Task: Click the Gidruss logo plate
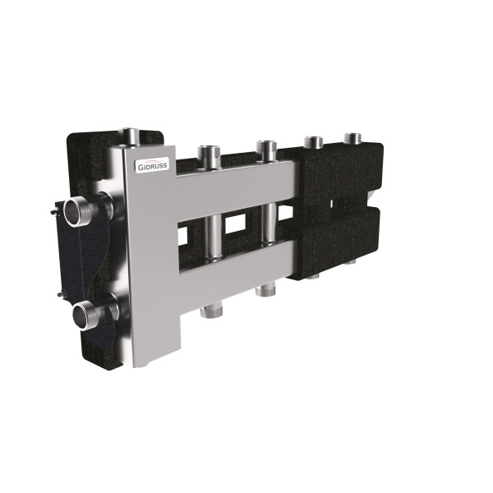pyautogui.click(x=152, y=165)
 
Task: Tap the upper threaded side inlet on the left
pyautogui.click(x=78, y=211)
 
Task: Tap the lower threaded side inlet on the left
pyautogui.click(x=87, y=316)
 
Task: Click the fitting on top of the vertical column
pyautogui.click(x=130, y=137)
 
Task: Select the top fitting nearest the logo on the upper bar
pyautogui.click(x=208, y=157)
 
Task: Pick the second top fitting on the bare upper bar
pyautogui.click(x=266, y=150)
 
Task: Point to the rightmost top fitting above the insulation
pyautogui.click(x=352, y=139)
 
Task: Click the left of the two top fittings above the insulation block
pyautogui.click(x=314, y=142)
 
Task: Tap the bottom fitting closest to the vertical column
pyautogui.click(x=211, y=311)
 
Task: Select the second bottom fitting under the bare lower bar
pyautogui.click(x=265, y=291)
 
